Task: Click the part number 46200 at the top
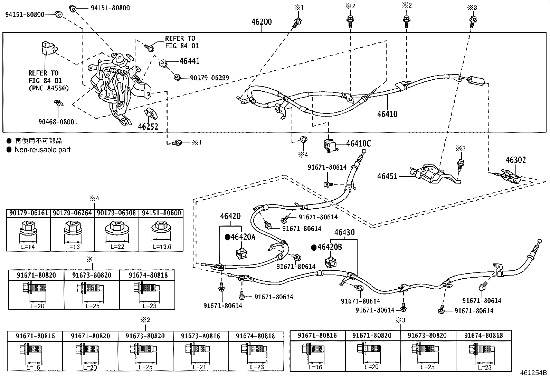tap(262, 22)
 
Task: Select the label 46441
tap(189, 61)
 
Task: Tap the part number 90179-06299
tap(209, 78)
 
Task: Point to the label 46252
tap(148, 127)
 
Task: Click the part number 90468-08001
tap(58, 122)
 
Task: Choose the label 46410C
tap(359, 144)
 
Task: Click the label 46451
tap(387, 176)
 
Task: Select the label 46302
tap(515, 160)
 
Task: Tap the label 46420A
tap(243, 237)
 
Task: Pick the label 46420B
tap(330, 247)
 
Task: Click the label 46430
tap(344, 232)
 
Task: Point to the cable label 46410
tap(387, 114)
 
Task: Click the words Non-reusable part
tap(42, 150)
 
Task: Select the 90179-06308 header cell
tap(116, 213)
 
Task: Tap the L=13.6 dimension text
tap(162, 247)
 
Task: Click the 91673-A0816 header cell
tap(200, 336)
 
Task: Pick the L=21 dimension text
tap(199, 367)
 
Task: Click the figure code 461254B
tap(533, 373)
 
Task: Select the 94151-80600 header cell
tap(161, 213)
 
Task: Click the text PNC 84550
tap(49, 88)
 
